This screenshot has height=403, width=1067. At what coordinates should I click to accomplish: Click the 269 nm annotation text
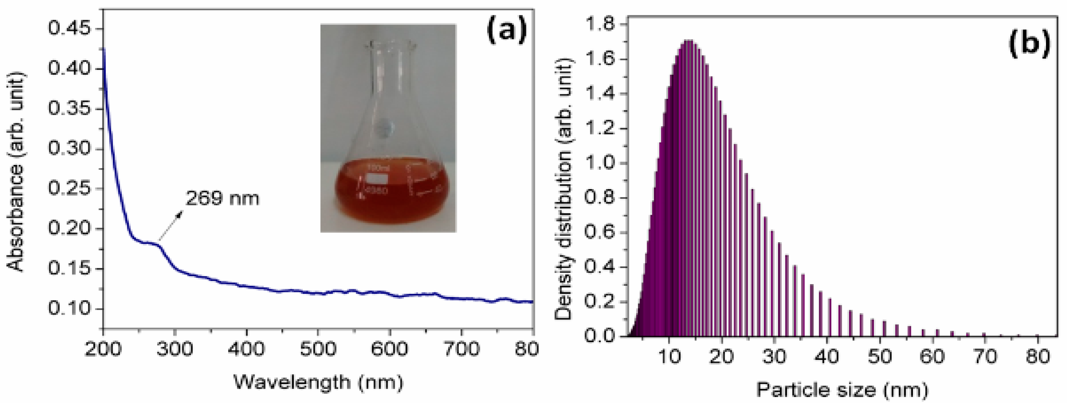222,199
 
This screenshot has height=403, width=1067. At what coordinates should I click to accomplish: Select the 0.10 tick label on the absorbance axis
69,308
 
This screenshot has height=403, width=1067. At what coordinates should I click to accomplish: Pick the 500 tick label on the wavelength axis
318,349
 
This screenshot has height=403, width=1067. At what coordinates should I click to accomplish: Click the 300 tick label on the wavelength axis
175,349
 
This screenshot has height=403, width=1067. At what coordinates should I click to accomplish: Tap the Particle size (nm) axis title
842,390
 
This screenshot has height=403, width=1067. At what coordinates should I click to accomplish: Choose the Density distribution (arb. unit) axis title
563,189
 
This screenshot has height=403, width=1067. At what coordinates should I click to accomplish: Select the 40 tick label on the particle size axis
827,356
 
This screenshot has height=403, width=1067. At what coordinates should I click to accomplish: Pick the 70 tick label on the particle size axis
985,356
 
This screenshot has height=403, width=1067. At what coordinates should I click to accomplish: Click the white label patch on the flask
377,179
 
